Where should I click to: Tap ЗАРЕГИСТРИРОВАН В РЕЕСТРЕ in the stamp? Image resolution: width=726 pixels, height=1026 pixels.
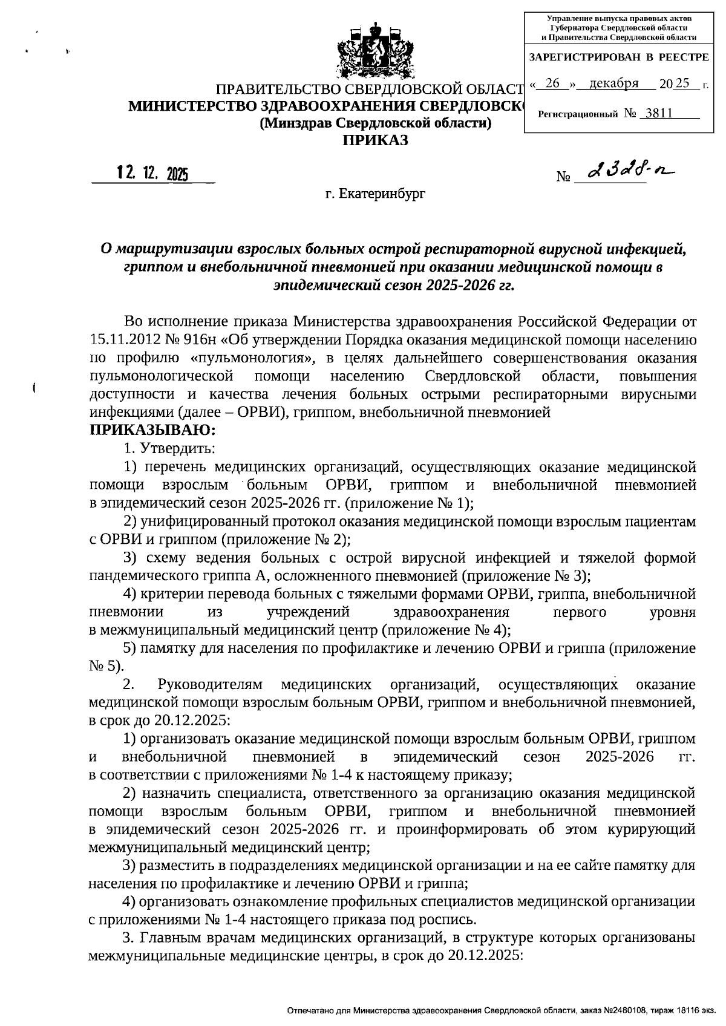pyautogui.click(x=618, y=57)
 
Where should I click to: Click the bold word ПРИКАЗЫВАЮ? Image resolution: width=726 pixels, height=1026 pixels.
pyautogui.click(x=152, y=431)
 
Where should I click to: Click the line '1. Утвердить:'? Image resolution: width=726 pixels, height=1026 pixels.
pyautogui.click(x=167, y=448)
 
